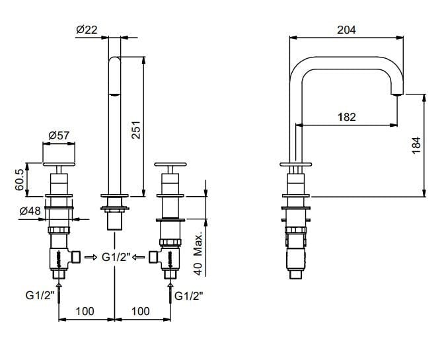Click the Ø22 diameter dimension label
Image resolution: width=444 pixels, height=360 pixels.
(x=87, y=29)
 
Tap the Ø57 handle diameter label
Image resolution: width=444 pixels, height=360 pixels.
(x=60, y=137)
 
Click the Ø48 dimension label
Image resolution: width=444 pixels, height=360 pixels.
(x=31, y=212)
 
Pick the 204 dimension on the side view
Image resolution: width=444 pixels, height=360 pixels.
(x=346, y=29)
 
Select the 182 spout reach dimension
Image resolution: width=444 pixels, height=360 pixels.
(x=346, y=116)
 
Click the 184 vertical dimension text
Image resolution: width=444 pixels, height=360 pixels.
(x=415, y=146)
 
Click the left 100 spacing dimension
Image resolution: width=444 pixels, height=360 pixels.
(x=86, y=310)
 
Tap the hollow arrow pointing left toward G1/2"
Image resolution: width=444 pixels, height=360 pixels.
(x=138, y=257)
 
